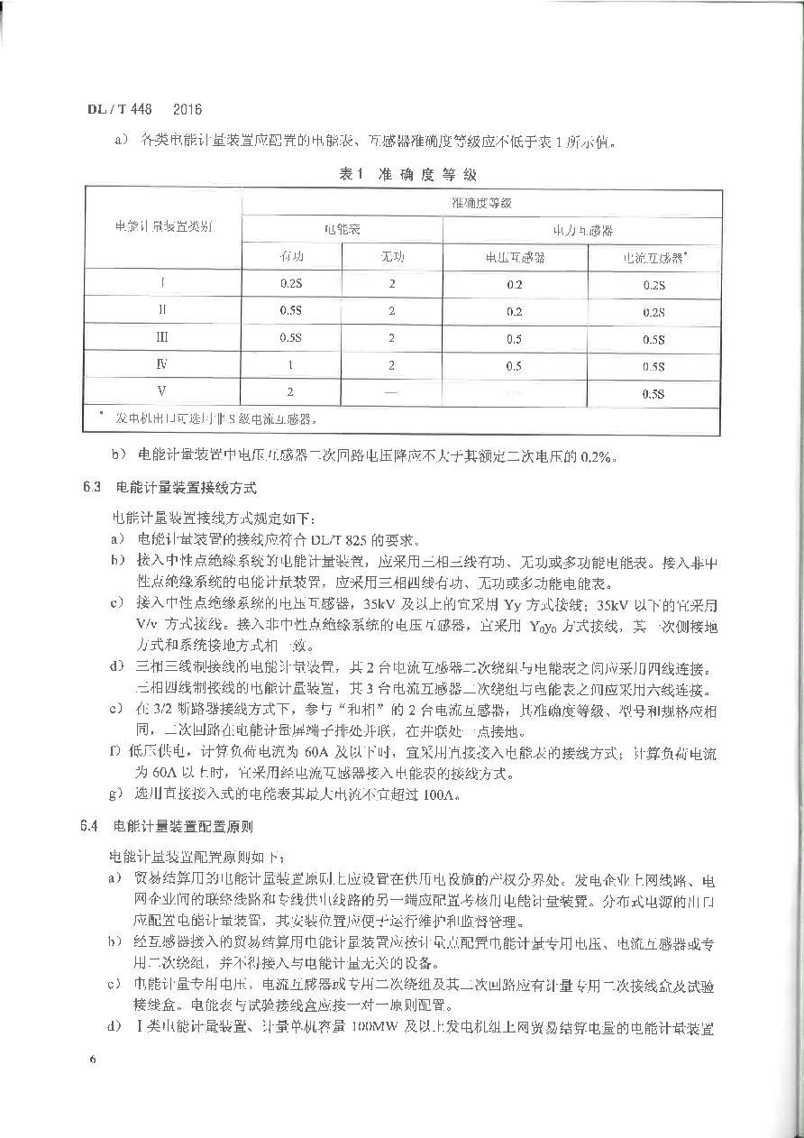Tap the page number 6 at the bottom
(x=93, y=1058)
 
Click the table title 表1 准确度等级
(x=407, y=174)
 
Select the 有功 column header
(x=292, y=257)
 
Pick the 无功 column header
(x=392, y=257)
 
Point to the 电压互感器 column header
(x=515, y=257)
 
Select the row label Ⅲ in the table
(x=163, y=338)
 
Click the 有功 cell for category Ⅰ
(x=291, y=284)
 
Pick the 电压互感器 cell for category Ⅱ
(x=515, y=311)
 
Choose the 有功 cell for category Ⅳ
(x=291, y=366)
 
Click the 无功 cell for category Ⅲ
(x=392, y=338)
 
